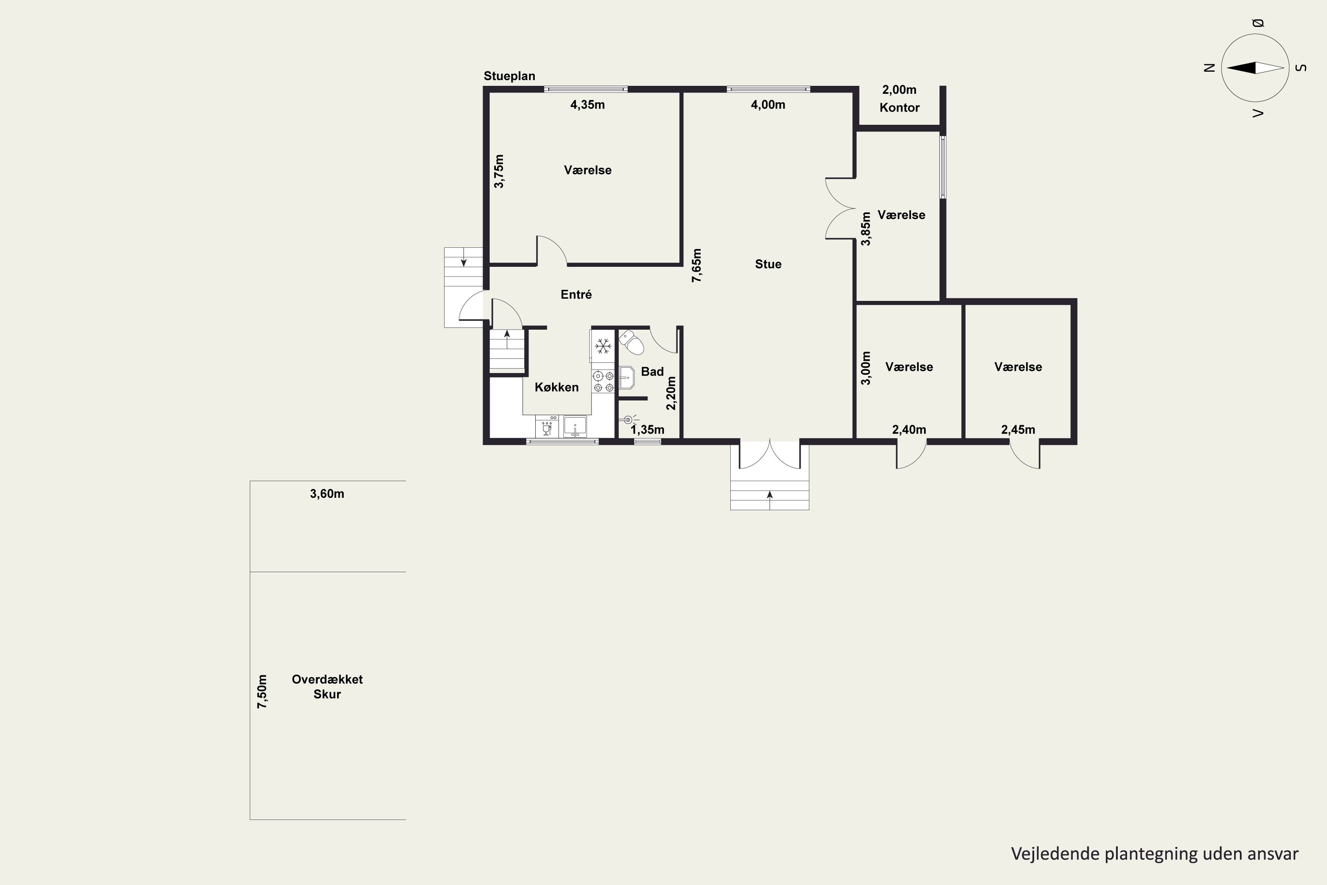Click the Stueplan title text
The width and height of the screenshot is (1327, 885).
(509, 76)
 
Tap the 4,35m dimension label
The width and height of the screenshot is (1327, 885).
(587, 104)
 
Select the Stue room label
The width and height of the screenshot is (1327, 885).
(768, 264)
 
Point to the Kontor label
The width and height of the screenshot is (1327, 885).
(899, 107)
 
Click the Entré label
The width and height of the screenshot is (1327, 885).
(576, 294)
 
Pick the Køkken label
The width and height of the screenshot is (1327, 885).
(556, 387)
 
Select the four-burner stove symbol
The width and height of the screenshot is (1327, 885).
(603, 381)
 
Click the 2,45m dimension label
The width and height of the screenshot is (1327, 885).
(1018, 430)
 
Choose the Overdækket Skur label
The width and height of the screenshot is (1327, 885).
(327, 687)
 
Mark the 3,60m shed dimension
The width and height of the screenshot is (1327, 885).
(327, 494)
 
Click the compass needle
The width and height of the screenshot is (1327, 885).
(1255, 68)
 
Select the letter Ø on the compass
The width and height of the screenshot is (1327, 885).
(1258, 23)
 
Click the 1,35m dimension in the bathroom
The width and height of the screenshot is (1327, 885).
(647, 430)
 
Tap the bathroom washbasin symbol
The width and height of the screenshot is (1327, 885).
(626, 377)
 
